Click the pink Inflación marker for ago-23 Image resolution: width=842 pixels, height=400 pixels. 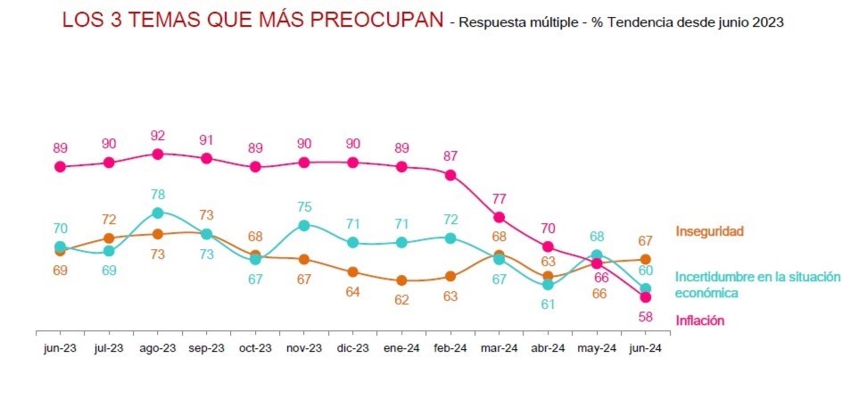tap(158, 154)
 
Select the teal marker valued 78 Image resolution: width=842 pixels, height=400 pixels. tap(158, 212)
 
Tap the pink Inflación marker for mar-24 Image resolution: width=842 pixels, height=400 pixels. tap(499, 217)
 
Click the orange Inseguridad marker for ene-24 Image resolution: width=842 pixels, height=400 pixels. tap(402, 280)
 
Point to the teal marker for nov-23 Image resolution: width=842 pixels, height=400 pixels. tap(304, 225)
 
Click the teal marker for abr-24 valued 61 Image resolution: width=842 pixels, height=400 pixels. tap(548, 284)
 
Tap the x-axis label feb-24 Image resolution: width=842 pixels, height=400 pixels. tap(450, 347)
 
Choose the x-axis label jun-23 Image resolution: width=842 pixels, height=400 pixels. tap(60, 347)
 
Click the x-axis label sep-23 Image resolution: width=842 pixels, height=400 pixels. tap(206, 347)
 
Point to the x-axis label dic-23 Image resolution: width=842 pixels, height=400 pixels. tap(352, 347)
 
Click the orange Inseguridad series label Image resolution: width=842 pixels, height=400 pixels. tap(709, 232)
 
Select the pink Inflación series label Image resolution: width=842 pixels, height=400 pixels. tap(700, 321)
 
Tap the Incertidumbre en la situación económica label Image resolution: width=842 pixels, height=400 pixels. tap(757, 285)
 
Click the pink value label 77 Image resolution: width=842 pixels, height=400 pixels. tap(499, 198)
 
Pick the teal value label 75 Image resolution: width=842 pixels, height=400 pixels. tap(304, 206)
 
